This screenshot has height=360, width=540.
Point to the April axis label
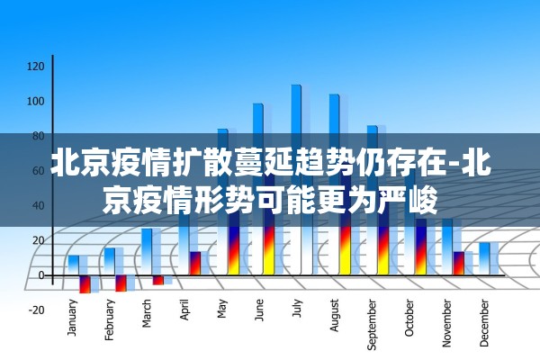(185, 310)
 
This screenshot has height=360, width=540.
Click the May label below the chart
(222, 309)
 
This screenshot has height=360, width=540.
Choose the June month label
(259, 310)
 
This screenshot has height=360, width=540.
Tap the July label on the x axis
(297, 308)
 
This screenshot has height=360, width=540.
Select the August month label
(335, 314)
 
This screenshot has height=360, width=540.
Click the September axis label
(373, 322)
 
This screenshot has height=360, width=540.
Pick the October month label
(409, 318)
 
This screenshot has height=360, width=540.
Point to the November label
(447, 321)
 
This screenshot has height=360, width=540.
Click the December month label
(484, 321)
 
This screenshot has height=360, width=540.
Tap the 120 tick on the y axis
(36, 66)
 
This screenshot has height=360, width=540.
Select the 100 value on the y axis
(36, 101)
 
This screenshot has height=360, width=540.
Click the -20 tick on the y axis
(36, 310)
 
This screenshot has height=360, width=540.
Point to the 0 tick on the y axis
(40, 274)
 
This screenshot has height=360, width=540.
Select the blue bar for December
(484, 257)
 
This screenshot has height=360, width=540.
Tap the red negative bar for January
(85, 283)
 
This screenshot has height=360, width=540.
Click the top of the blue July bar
(296, 87)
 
